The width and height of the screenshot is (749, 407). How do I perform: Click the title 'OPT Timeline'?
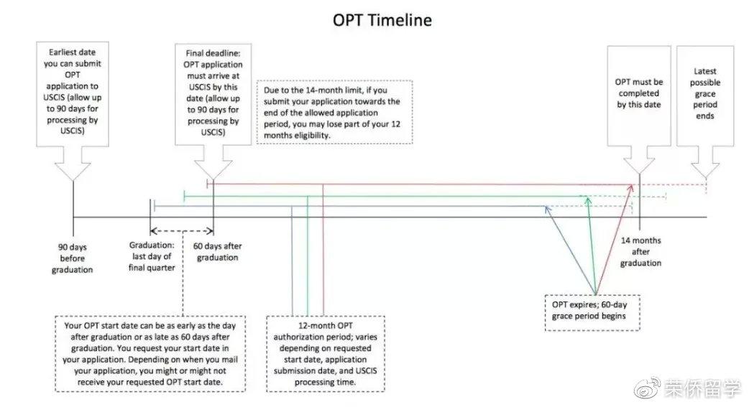[382, 20]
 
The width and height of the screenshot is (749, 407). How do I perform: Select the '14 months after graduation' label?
[641, 252]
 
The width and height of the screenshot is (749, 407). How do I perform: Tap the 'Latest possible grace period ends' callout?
[705, 93]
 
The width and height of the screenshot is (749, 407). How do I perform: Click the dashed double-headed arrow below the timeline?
[182, 231]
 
